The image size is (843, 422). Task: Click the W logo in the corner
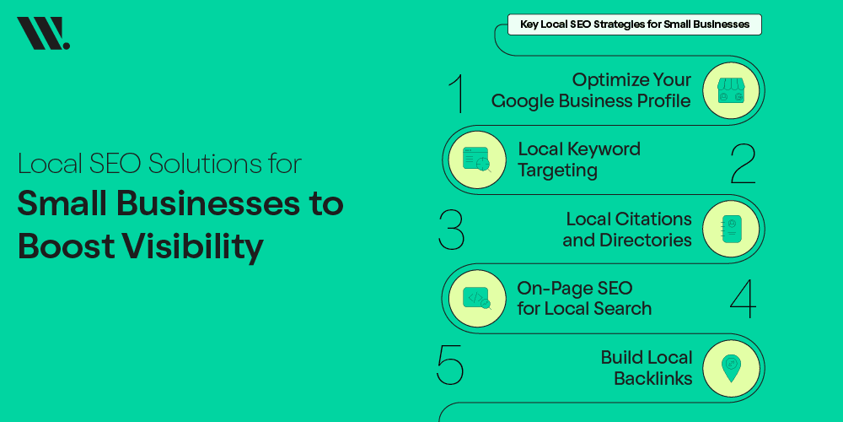tap(42, 34)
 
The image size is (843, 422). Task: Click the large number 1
tap(457, 93)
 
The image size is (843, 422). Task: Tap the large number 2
tap(743, 163)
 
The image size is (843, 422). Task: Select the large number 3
tap(452, 229)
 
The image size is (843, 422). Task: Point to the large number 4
tap(742, 298)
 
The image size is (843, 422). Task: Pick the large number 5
tap(450, 365)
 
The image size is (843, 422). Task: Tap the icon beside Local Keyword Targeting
tap(477, 160)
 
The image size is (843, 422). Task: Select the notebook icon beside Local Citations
tap(730, 229)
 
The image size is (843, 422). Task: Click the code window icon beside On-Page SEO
tap(477, 298)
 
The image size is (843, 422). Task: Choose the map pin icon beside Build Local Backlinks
tap(730, 368)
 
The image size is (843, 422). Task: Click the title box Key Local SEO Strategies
tap(634, 24)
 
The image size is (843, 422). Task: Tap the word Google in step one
tap(529, 101)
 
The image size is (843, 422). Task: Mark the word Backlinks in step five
tap(652, 378)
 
